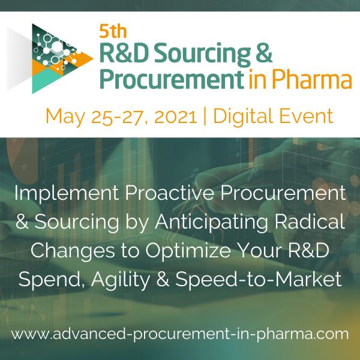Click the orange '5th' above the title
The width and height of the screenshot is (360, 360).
pyautogui.click(x=113, y=31)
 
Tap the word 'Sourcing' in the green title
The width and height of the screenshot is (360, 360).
pyautogui.click(x=202, y=54)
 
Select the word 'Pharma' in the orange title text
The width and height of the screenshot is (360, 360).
pyautogui.click(x=312, y=79)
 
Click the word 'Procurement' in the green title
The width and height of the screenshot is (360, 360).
pyautogui.click(x=172, y=79)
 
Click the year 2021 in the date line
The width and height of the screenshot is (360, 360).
pyautogui.click(x=176, y=117)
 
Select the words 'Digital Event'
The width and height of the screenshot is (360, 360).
pyautogui.click(x=273, y=116)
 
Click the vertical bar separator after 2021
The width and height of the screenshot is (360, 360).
pyautogui.click(x=205, y=116)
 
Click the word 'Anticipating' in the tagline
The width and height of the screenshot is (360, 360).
pyautogui.click(x=211, y=223)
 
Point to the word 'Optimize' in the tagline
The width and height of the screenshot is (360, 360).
pyautogui.click(x=188, y=251)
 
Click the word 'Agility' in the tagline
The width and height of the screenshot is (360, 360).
pyautogui.click(x=121, y=280)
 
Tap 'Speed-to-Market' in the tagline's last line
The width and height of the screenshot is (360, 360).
pyautogui.click(x=259, y=280)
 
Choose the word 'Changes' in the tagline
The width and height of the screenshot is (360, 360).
pyautogui.click(x=73, y=251)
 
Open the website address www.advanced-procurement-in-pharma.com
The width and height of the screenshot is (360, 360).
pyautogui.click(x=180, y=334)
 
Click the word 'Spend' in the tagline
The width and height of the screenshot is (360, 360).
pyautogui.click(x=52, y=280)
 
